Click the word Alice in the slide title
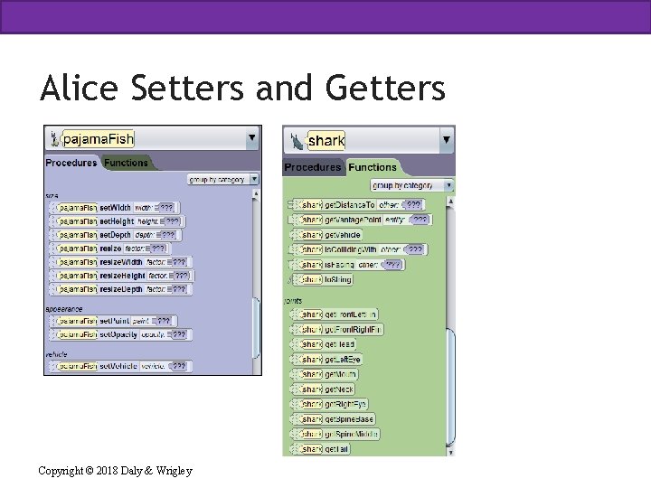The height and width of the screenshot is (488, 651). click(80, 89)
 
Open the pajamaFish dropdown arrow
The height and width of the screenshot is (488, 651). click(251, 138)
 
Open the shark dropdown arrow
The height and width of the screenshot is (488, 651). click(446, 140)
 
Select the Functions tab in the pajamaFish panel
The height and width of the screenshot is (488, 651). click(126, 163)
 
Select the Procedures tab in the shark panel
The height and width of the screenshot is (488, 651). click(312, 167)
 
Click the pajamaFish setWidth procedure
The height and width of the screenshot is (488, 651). click(115, 208)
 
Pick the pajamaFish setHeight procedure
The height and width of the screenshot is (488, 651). click(117, 221)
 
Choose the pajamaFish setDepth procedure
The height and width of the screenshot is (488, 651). click(115, 235)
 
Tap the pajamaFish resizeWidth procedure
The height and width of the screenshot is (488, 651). click(122, 262)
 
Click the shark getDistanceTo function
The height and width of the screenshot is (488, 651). click(350, 205)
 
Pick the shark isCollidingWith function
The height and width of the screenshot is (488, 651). click(350, 249)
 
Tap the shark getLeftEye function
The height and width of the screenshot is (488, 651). click(341, 360)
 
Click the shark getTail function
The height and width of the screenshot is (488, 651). click(335, 449)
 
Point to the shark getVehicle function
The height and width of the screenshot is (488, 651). click(342, 235)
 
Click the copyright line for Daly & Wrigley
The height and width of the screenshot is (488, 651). click(115, 470)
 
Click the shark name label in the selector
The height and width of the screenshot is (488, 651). click(325, 140)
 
